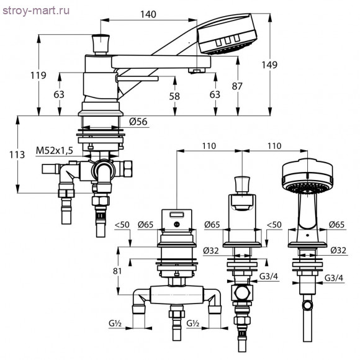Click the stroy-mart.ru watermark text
click(x=36, y=11)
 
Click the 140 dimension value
click(x=148, y=14)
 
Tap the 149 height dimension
click(x=269, y=65)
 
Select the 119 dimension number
click(x=38, y=75)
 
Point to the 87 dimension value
click(x=237, y=86)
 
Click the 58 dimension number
click(x=174, y=96)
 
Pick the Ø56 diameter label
click(x=138, y=122)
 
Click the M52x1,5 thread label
click(x=55, y=151)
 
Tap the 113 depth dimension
click(x=17, y=155)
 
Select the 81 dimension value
click(x=117, y=271)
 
